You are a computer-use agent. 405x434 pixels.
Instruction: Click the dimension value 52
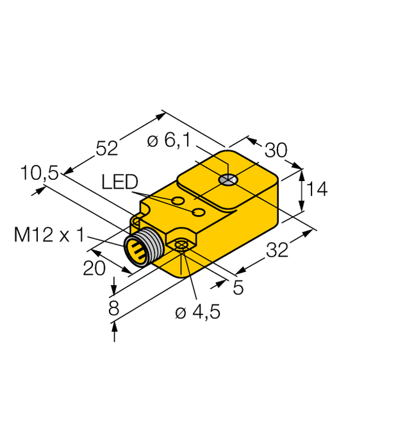107,148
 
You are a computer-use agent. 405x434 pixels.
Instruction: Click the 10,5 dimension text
39,173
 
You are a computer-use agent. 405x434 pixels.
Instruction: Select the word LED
120,183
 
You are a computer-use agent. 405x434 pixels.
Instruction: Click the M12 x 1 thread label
49,236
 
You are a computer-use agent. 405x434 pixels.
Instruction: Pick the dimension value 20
94,268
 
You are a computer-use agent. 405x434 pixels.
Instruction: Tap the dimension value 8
114,309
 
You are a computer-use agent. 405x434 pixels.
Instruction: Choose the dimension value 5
238,288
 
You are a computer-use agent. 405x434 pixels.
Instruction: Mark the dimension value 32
277,251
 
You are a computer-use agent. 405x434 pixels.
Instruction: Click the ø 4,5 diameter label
197,313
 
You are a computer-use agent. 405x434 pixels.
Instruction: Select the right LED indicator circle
199,212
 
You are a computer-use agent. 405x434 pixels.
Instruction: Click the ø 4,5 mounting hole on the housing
182,245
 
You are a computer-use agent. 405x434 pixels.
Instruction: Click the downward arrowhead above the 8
115,286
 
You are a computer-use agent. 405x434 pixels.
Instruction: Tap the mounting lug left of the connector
135,222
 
